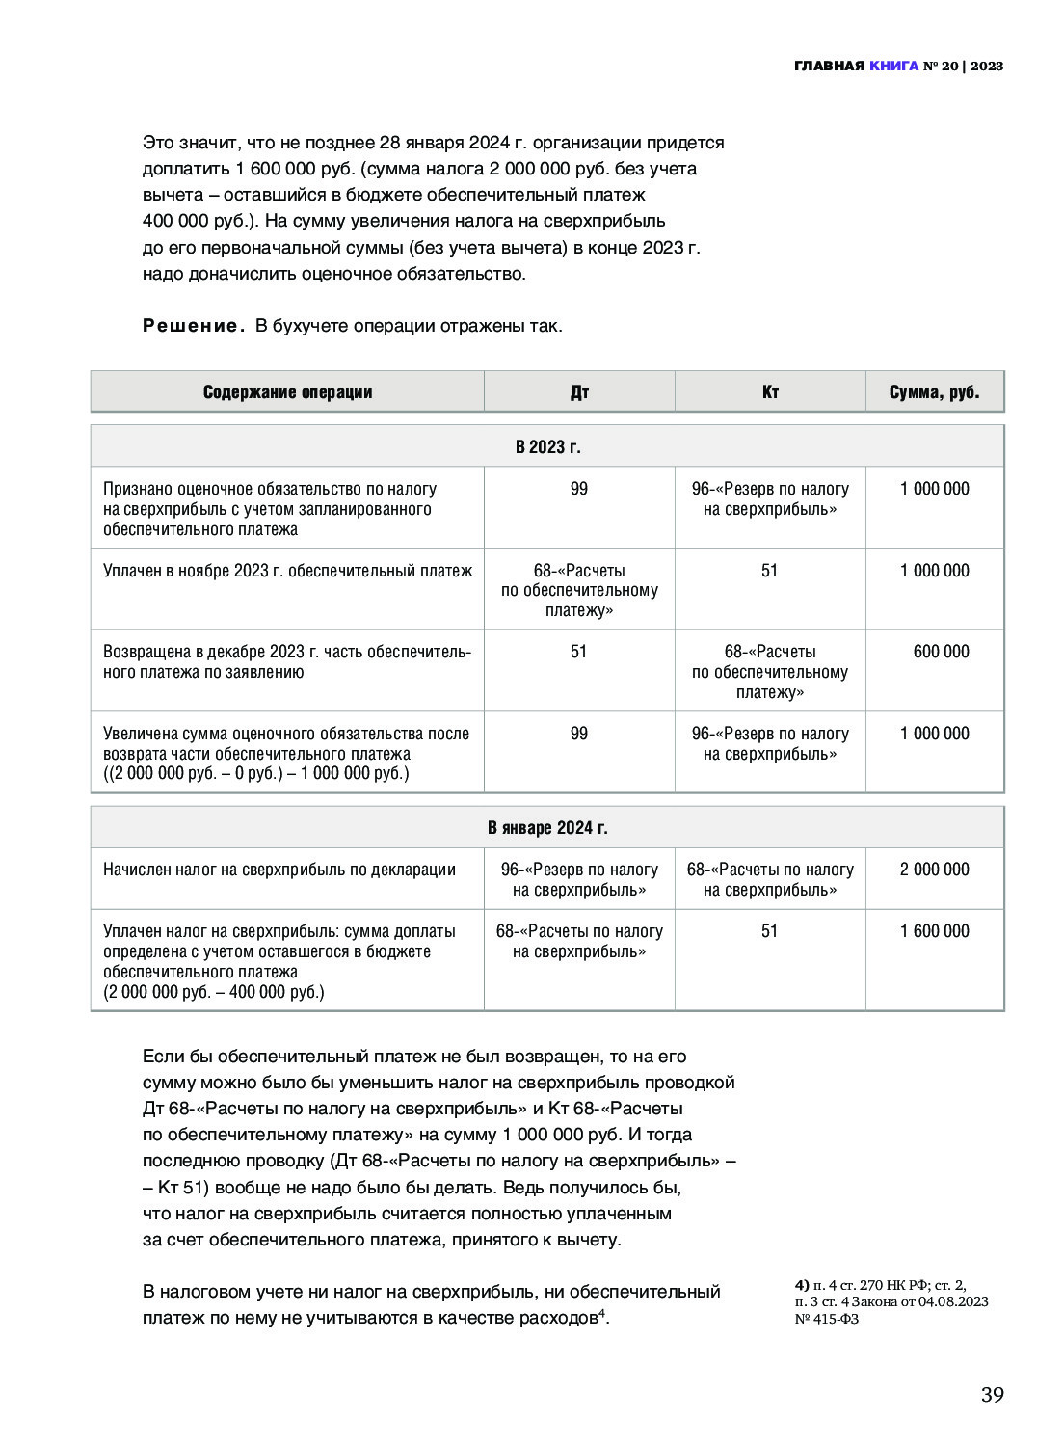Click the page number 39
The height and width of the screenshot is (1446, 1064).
point(992,1394)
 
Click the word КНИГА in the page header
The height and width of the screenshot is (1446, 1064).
point(893,66)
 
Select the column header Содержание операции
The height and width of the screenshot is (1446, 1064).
point(287,391)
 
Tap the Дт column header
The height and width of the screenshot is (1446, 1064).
point(579,391)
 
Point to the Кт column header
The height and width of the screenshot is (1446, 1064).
point(770,391)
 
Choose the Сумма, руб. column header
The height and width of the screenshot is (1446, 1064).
point(934,391)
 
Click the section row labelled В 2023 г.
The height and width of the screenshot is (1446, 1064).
point(547,446)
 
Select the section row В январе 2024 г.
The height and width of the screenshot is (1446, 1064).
point(547,827)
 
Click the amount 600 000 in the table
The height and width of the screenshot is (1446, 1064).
point(941,652)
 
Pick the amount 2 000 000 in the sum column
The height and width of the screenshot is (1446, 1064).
point(934,870)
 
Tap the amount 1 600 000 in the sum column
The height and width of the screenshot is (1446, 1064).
point(934,931)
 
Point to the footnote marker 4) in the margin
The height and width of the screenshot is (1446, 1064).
point(802,1285)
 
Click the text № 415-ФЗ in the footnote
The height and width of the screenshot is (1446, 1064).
point(827,1319)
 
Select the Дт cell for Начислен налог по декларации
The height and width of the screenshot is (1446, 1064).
point(579,879)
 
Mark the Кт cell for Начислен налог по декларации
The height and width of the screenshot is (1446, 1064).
point(770,879)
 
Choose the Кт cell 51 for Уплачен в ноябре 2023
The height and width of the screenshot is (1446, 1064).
point(769,571)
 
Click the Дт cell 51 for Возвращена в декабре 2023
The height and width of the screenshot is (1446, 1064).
point(578,652)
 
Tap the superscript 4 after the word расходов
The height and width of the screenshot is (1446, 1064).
point(601,1312)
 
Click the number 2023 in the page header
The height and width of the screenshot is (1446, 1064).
point(987,66)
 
